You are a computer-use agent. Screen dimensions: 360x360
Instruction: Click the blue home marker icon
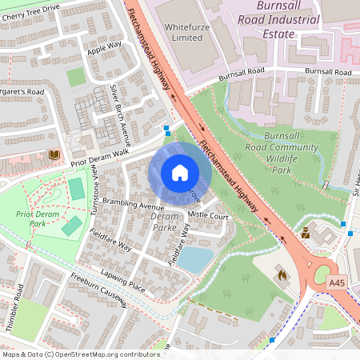[180, 173]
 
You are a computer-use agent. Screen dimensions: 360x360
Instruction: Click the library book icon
[54, 154]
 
